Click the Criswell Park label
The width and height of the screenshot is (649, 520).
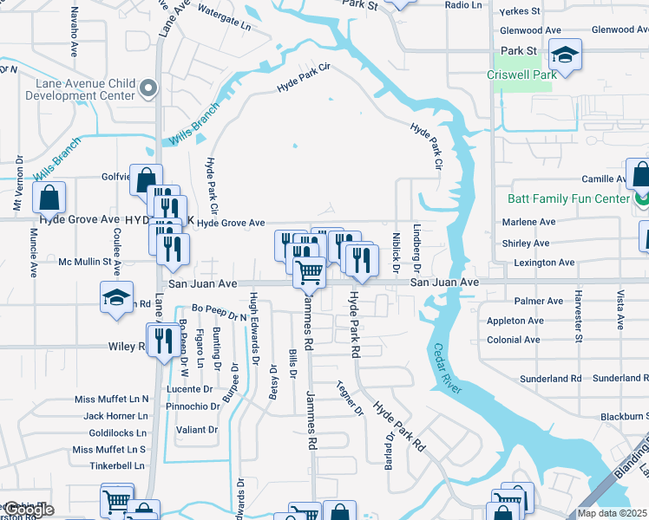[521, 75]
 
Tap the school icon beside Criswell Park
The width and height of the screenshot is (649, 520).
[566, 56]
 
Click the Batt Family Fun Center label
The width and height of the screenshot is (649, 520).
[568, 199]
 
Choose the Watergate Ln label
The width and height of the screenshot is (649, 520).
[224, 15]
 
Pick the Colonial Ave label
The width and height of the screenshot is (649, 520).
[514, 340]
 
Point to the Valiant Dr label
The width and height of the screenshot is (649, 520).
[196, 430]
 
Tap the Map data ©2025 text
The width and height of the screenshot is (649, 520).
[613, 513]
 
